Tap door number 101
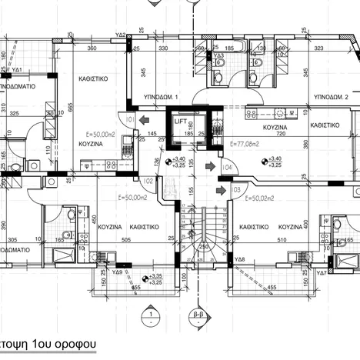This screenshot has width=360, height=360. (x=130, y=120)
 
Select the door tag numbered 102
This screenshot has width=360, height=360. (x=148, y=182)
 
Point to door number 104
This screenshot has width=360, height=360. (x=227, y=167)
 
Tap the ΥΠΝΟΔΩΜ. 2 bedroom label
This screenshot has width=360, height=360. (x=331, y=98)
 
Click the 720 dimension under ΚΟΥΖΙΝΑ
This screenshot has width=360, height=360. (x=275, y=134)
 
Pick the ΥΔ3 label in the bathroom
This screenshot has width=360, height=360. (x=218, y=55)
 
